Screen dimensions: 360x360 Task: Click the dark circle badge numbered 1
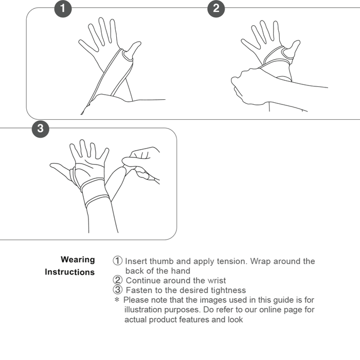(63, 9)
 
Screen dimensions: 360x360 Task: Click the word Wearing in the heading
(78, 260)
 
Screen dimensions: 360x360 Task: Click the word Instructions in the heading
(69, 272)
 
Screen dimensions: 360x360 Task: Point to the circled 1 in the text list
(118, 261)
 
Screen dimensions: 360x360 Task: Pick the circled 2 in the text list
(118, 281)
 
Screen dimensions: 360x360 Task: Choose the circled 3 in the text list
(118, 290)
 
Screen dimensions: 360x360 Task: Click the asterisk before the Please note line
(117, 300)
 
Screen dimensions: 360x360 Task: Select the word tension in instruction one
(230, 261)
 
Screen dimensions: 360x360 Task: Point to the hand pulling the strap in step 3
(141, 157)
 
